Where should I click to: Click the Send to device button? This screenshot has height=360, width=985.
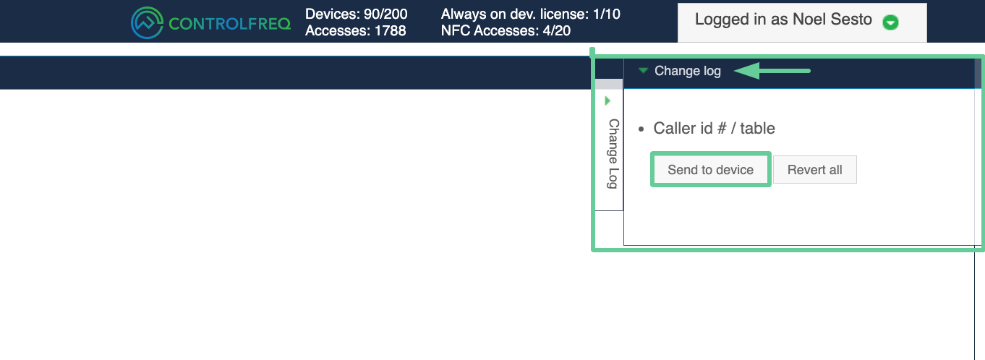tap(711, 169)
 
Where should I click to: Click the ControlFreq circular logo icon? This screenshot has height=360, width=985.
tap(147, 22)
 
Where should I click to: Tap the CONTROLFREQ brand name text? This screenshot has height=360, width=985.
tap(229, 24)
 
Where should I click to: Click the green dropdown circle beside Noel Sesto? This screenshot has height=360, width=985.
tap(890, 22)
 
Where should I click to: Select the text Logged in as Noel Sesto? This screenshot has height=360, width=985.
tap(783, 20)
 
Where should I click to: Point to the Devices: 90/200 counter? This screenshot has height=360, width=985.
tap(357, 14)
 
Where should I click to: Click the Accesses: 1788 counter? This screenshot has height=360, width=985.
tap(355, 31)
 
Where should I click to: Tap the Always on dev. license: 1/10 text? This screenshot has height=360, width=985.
tap(530, 14)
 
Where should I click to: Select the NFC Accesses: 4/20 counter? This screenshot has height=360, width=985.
tap(506, 31)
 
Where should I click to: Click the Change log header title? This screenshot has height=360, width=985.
tap(687, 71)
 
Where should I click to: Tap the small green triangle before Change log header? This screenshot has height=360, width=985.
tap(643, 70)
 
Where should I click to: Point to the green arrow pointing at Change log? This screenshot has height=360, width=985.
tap(772, 71)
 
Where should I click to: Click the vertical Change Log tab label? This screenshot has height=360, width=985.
tap(613, 154)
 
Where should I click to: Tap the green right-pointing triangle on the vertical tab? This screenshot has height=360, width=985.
tap(607, 100)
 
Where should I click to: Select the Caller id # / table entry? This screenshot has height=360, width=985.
tap(714, 129)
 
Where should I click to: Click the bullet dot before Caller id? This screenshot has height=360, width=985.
tap(641, 129)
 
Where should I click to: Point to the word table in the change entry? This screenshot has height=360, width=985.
tap(757, 129)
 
